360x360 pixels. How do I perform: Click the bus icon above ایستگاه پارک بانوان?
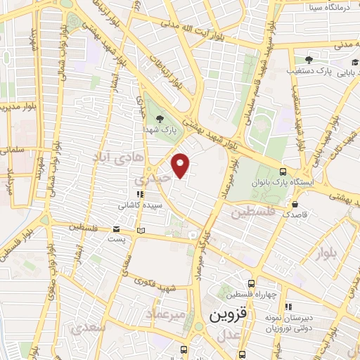point(283,171)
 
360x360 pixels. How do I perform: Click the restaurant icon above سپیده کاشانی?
point(140,195)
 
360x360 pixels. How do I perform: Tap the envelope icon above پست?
point(117,229)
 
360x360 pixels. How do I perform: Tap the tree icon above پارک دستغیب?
point(308,60)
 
